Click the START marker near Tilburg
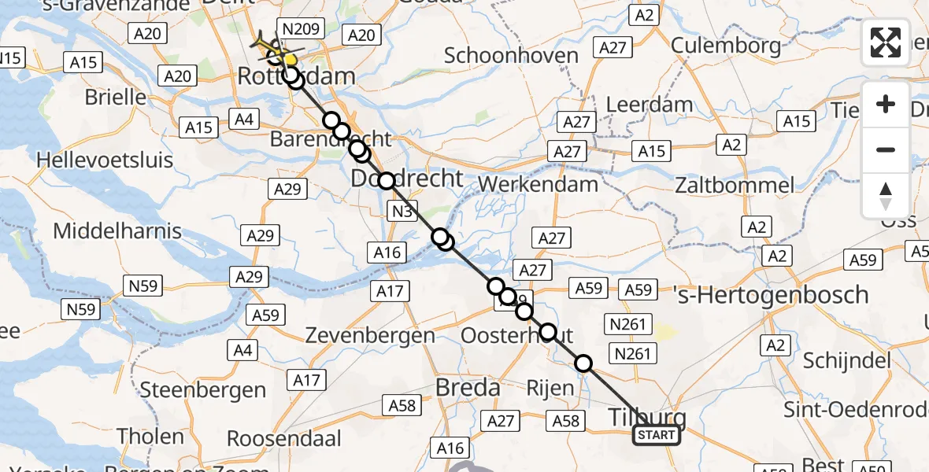pos(657,435)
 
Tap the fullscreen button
pos(886,42)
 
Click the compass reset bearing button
pos(886,196)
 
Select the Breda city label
pos(468,388)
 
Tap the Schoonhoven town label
pos(511,55)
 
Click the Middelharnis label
pos(117,231)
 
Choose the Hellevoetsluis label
pos(105,160)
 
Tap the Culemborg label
pos(727,46)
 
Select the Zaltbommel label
pos(735,186)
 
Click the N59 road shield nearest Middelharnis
pos(143,285)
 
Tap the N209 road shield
pos(300,30)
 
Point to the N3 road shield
pos(401,211)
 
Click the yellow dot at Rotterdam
pos(291,60)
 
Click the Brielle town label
pos(117,98)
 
